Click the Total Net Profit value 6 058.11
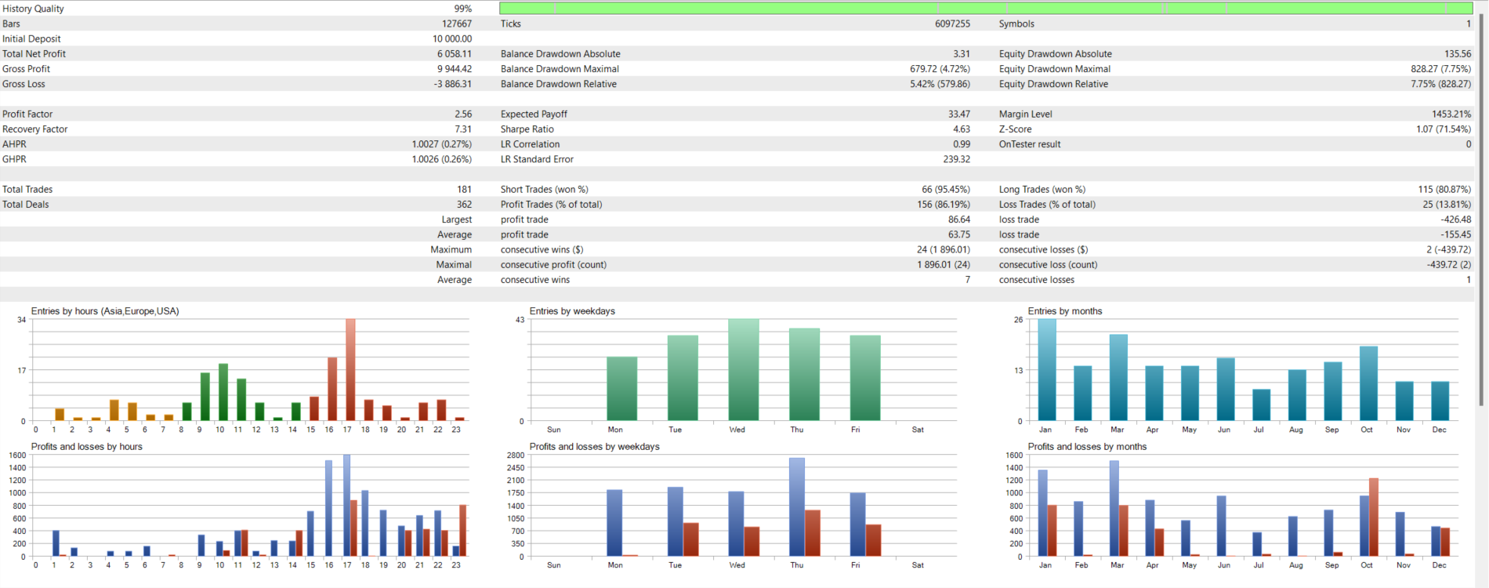454,54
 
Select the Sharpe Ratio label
527,129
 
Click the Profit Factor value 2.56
462,114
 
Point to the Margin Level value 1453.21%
1451,114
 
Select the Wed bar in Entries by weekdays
743,370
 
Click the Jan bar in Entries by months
1046,370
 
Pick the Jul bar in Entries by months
1261,405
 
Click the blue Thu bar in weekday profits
796,507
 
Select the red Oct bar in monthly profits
1373,517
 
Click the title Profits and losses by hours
86,447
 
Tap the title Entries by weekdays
572,311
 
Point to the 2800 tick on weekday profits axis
515,456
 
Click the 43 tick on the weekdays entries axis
520,320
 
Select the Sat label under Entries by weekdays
918,430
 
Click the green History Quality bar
985,8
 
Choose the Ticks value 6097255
952,24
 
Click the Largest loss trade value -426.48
1455,220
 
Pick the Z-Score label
1015,129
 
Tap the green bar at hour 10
223,392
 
